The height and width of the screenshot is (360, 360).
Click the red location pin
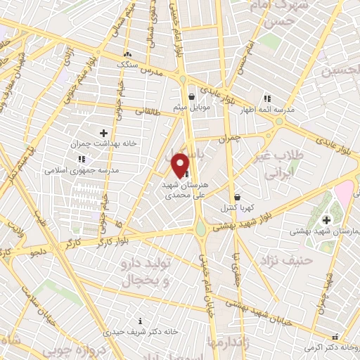click(181, 165)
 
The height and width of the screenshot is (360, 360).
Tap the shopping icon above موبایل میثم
click(191, 98)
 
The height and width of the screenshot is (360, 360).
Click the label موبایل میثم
click(191, 108)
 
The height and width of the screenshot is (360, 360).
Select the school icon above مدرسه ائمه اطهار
click(266, 98)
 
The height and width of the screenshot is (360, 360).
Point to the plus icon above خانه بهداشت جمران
click(103, 132)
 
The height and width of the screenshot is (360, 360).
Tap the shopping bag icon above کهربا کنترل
click(237, 197)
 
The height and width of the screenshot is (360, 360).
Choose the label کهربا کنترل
click(237, 207)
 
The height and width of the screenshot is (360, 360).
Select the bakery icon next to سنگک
click(127, 55)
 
